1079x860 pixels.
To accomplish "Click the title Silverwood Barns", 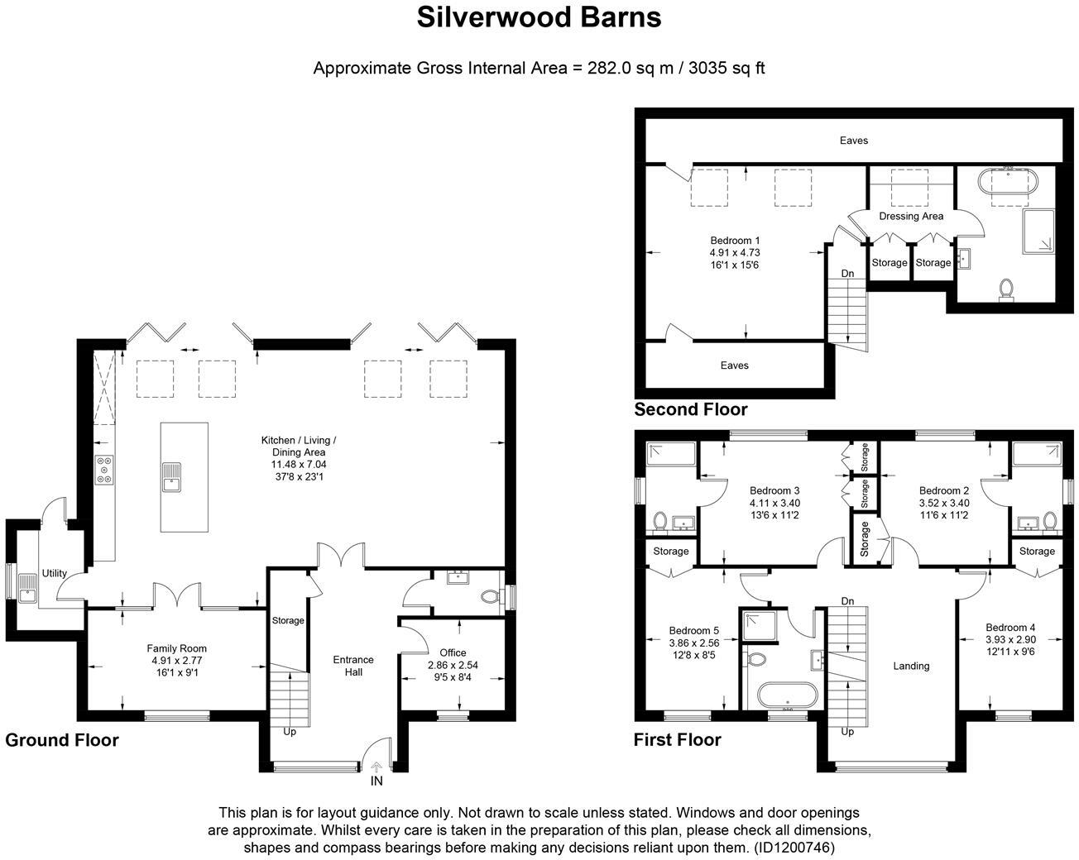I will point(539,17).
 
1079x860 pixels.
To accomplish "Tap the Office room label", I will point(453,652).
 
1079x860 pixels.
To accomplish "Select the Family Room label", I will point(177,648).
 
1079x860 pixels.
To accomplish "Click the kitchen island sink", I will point(171,475).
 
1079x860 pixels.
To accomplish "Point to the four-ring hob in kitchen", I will point(104,470).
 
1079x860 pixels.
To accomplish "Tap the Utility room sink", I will point(27,588).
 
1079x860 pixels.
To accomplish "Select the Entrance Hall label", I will point(353,666).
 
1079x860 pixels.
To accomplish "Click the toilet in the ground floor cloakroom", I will point(491,595).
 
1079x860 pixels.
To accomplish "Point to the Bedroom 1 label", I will point(735,241).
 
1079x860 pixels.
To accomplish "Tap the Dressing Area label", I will point(911,216).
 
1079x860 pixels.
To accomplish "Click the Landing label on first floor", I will point(911,666).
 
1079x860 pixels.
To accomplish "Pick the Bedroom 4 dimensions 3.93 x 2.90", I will point(1010,639).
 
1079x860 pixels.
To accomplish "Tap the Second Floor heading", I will point(690,409).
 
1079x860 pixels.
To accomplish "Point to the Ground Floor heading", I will point(62,740).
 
